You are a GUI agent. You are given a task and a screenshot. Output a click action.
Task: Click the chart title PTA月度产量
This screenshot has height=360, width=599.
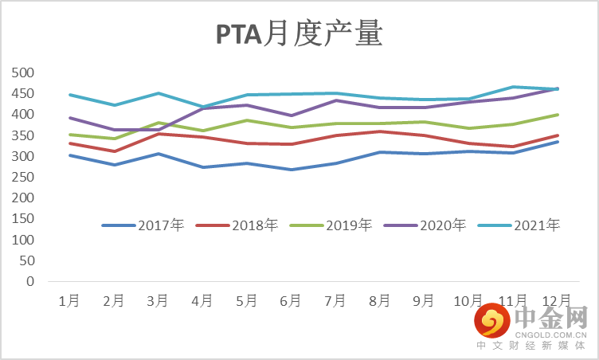299,35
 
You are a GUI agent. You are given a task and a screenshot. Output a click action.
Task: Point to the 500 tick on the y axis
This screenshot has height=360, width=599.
25,72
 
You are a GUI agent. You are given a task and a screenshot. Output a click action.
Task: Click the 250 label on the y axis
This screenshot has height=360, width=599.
25,177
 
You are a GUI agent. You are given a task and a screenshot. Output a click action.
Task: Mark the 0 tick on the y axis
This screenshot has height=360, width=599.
31,281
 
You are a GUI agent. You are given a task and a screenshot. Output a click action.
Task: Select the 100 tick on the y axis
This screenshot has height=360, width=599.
25,240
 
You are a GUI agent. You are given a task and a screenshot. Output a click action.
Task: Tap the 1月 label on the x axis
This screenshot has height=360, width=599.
69,300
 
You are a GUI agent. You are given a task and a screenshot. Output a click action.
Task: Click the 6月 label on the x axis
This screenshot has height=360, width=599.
291,300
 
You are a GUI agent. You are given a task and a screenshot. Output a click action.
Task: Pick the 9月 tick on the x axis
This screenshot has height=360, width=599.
424,300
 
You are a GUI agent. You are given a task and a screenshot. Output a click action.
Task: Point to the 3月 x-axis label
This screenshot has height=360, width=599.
158,300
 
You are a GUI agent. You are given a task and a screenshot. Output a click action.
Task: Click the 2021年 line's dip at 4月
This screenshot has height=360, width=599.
202,107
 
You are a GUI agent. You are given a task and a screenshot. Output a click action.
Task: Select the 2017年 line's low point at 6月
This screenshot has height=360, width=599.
291,170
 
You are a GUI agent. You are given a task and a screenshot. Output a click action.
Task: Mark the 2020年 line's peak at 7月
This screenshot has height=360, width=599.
335,100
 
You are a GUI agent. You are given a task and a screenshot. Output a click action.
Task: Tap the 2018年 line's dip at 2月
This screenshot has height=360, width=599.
114,151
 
